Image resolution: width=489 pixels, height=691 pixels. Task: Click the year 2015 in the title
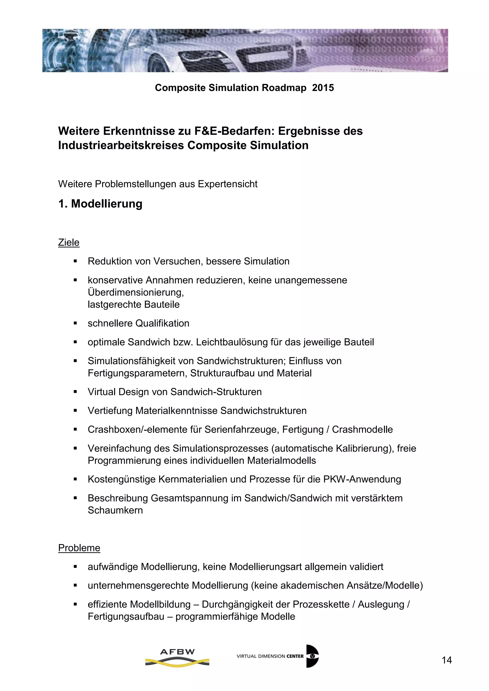(x=323, y=88)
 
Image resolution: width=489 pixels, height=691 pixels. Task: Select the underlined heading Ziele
(x=69, y=243)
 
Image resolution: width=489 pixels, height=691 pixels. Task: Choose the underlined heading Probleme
(x=79, y=548)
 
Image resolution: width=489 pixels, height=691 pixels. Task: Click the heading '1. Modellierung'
(x=100, y=204)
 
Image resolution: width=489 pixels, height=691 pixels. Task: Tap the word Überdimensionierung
(x=135, y=292)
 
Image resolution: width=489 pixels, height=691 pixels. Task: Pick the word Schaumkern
(x=115, y=510)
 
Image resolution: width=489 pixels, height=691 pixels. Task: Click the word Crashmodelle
(x=362, y=429)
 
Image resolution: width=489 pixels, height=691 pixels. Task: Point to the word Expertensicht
(x=227, y=184)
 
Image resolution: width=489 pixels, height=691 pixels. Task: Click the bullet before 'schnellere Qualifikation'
(x=75, y=324)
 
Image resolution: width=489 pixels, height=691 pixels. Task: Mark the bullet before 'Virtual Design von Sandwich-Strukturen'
(x=75, y=392)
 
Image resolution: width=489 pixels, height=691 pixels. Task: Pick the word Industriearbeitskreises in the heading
(x=121, y=145)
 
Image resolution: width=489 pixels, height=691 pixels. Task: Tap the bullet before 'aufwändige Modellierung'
(x=75, y=567)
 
